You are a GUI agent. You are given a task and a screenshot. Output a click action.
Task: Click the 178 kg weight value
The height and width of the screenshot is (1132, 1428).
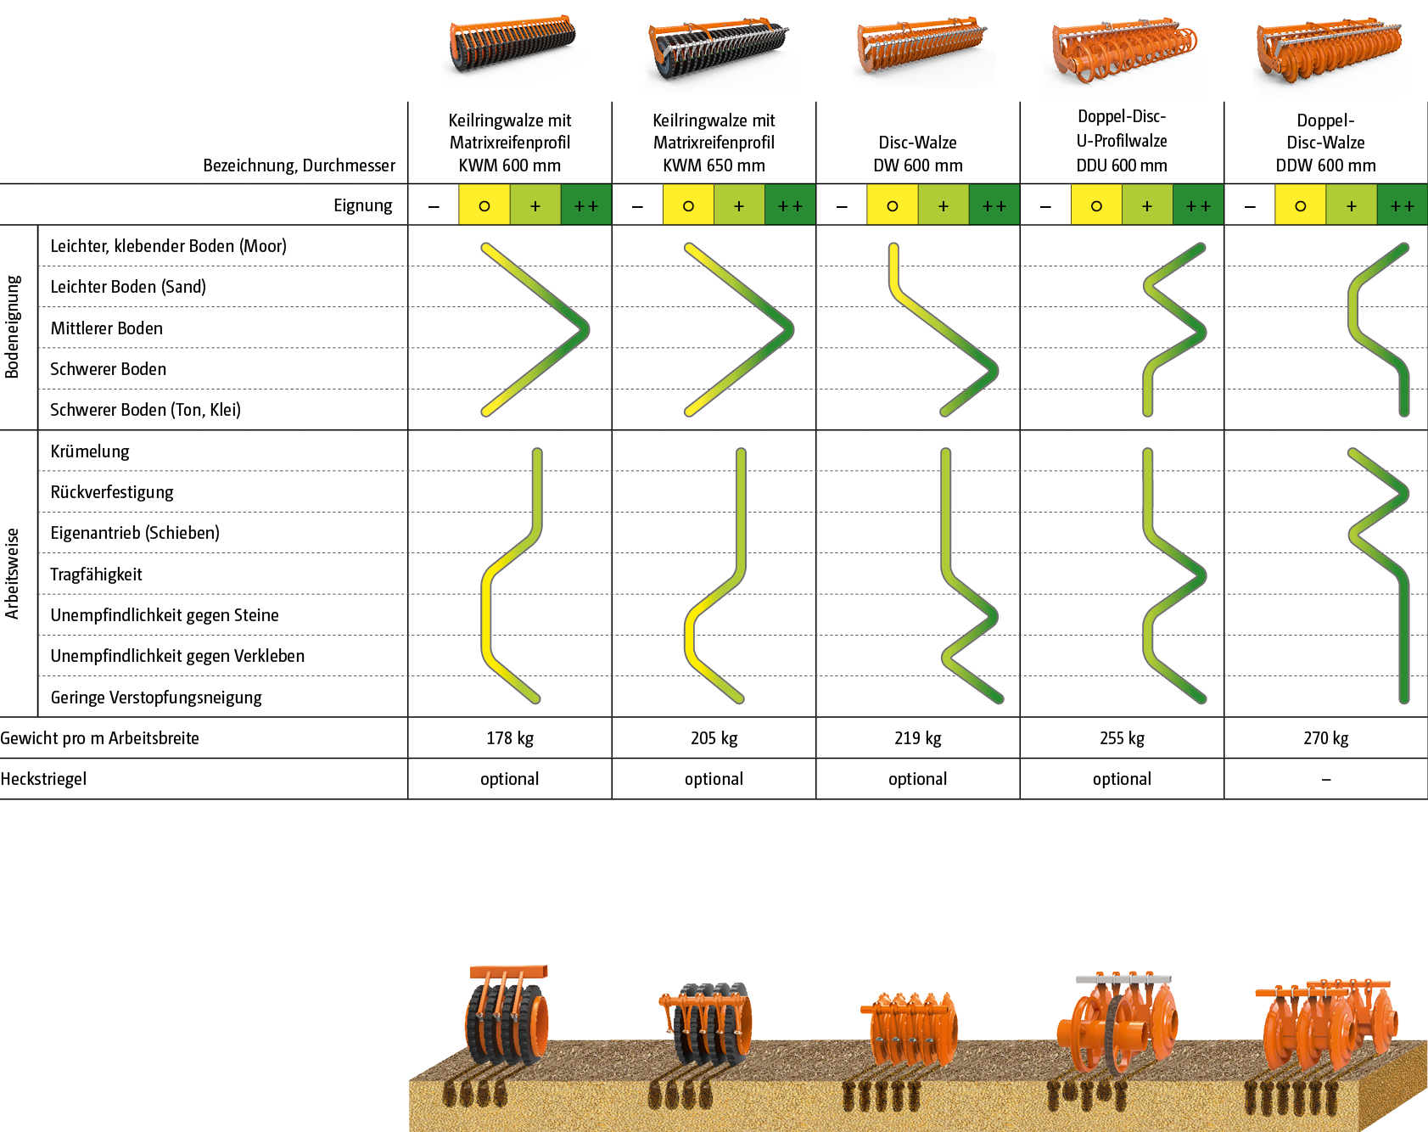[x=509, y=738]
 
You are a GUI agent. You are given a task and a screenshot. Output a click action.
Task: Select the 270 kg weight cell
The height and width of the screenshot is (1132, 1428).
[x=1325, y=738]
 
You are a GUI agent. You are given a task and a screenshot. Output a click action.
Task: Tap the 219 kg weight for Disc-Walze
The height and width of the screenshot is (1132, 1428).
[x=917, y=738]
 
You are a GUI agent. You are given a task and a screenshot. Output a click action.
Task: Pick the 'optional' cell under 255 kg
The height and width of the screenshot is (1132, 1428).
[x=1121, y=779]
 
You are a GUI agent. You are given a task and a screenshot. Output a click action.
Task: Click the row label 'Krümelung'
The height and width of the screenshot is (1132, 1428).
[x=90, y=451]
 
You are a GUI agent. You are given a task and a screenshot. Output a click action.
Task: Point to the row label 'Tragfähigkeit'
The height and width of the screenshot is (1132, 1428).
[x=96, y=574]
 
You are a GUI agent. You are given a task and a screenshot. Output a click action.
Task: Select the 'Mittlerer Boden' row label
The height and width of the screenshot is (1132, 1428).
[x=106, y=328]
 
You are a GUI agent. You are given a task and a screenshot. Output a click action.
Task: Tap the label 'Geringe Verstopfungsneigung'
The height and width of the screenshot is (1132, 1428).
[x=156, y=698]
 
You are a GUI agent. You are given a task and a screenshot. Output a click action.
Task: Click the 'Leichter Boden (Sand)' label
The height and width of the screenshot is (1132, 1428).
[x=128, y=287]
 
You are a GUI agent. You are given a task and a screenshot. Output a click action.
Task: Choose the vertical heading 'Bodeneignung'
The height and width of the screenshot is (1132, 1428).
[x=12, y=327]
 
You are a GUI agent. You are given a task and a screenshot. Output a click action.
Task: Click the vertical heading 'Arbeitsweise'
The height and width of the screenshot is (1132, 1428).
[x=12, y=574]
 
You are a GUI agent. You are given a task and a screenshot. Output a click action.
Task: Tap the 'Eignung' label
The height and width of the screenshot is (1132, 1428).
[x=362, y=205]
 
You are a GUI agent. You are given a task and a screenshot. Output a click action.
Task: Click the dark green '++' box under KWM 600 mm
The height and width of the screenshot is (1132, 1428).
[x=585, y=206]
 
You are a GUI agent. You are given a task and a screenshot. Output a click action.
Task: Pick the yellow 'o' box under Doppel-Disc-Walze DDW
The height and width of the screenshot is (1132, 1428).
[x=1300, y=206]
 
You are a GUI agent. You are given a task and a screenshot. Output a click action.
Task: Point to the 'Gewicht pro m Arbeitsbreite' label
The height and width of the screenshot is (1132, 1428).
[x=99, y=738]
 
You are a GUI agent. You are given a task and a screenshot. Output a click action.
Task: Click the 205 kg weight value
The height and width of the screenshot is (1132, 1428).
[x=714, y=738]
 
